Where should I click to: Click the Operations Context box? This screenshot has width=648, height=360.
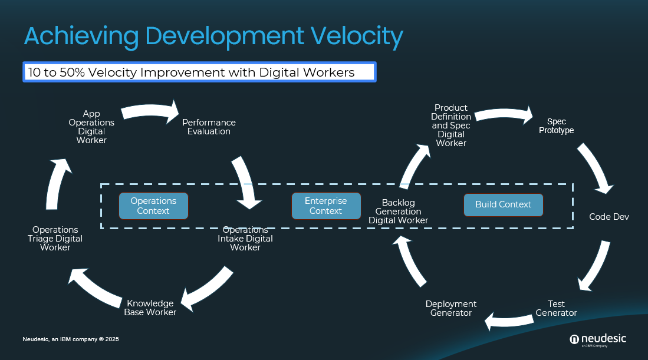pyautogui.click(x=153, y=206)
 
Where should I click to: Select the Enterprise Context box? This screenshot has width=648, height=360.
pyautogui.click(x=325, y=206)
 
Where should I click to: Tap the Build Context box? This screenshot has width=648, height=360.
pyautogui.click(x=503, y=204)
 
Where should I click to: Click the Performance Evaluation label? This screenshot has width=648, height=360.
pyautogui.click(x=209, y=127)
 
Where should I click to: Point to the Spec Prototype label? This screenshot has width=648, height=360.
pyautogui.click(x=556, y=126)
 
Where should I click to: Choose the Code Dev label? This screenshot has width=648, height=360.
pyautogui.click(x=609, y=217)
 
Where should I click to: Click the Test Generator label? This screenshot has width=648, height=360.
pyautogui.click(x=556, y=308)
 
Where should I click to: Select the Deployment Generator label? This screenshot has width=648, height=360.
pyautogui.click(x=451, y=308)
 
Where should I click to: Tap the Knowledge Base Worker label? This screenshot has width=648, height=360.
pyautogui.click(x=150, y=308)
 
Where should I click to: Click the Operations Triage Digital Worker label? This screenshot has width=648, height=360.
pyautogui.click(x=55, y=239)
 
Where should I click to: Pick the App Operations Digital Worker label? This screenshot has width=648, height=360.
pyautogui.click(x=91, y=127)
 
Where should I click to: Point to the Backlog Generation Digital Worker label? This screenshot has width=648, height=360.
pyautogui.click(x=398, y=212)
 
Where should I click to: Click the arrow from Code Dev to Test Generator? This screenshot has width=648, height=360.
pyautogui.click(x=595, y=265)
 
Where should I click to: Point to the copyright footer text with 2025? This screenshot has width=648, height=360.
pyautogui.click(x=71, y=339)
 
